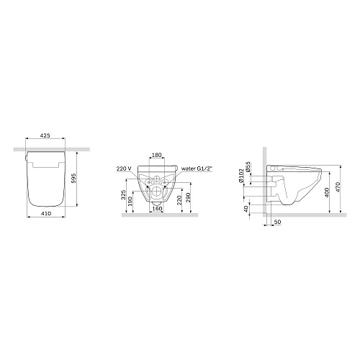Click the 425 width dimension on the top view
click(44, 135)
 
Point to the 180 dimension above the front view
click(156, 155)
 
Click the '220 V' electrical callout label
click(122, 169)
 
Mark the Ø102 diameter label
click(240, 176)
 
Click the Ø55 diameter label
click(248, 167)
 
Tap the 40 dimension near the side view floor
click(245, 209)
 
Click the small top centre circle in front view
click(156, 177)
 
